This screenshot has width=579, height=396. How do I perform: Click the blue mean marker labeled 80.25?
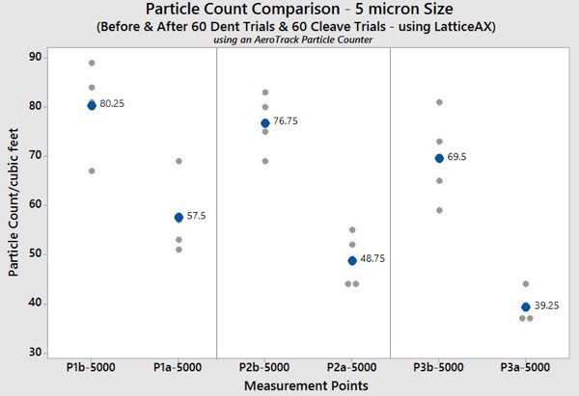(92, 105)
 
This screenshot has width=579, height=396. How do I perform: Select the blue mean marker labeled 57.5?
(179, 218)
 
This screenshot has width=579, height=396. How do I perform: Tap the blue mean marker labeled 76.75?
(265, 123)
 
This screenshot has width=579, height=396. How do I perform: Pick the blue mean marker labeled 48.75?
(352, 260)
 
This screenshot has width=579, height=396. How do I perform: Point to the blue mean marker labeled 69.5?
(439, 158)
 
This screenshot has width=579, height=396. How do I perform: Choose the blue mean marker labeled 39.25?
(526, 307)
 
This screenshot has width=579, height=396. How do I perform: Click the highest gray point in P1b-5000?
(92, 63)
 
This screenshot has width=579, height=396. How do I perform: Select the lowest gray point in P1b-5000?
(92, 171)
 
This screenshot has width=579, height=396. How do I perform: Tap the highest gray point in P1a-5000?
(179, 161)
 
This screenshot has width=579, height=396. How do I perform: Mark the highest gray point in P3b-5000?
(439, 102)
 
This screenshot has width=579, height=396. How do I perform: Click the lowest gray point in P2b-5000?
(265, 161)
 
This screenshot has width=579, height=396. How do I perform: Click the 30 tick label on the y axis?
(36, 353)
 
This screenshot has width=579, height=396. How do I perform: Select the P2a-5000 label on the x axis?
(352, 368)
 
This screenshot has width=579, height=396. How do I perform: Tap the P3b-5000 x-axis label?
(439, 368)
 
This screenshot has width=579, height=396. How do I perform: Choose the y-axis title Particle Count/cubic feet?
(13, 204)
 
